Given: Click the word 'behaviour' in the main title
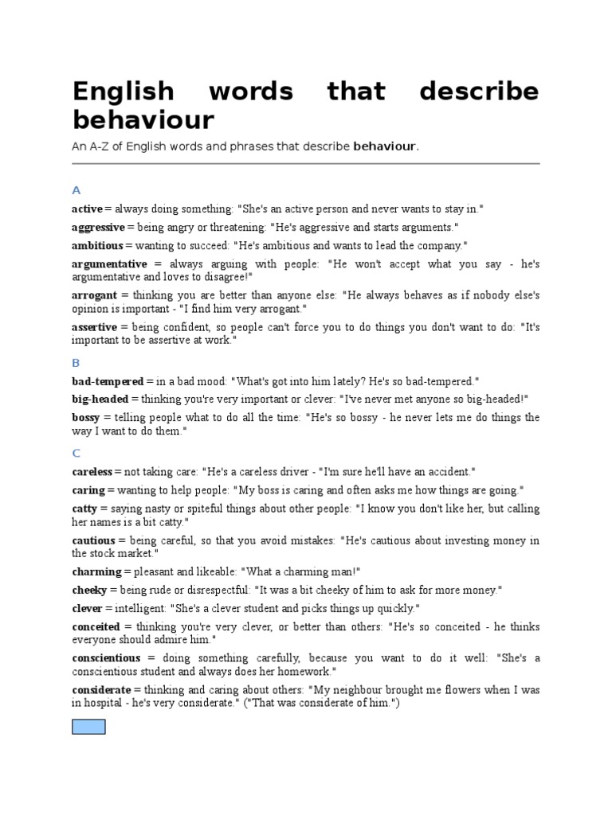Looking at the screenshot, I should (x=143, y=120).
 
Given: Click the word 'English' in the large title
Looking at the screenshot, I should (x=123, y=91).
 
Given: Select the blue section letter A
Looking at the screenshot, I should (x=76, y=190).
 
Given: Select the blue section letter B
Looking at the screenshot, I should (x=76, y=363).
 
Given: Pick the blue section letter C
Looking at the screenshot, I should (x=76, y=454).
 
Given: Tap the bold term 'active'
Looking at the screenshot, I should (x=87, y=209).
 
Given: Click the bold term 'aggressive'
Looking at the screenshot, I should (x=98, y=228).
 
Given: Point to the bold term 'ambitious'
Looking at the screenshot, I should (x=97, y=246).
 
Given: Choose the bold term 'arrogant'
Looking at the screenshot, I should (x=95, y=294).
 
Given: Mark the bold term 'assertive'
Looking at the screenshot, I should (x=94, y=327).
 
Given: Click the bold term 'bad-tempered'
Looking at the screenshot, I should (x=108, y=382).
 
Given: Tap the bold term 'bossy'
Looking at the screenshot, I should (x=86, y=418).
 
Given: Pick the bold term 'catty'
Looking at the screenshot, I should (x=84, y=509).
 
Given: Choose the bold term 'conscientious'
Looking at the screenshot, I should (x=106, y=658).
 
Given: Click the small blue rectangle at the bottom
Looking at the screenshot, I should (x=88, y=726).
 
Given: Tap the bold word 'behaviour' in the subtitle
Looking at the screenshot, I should (x=385, y=146).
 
